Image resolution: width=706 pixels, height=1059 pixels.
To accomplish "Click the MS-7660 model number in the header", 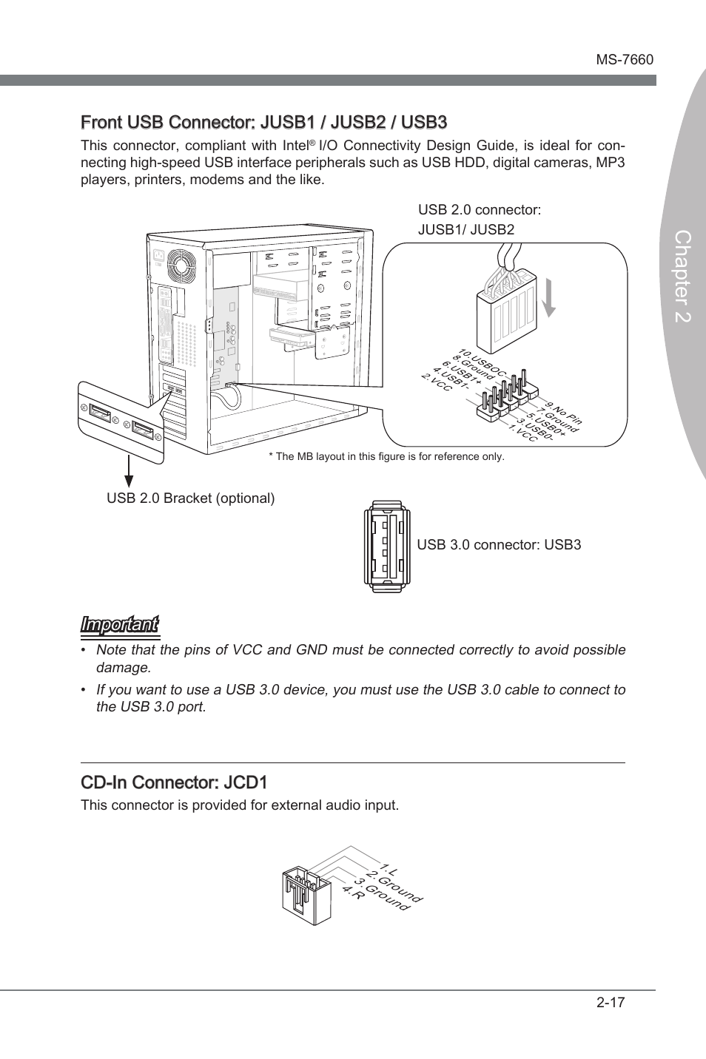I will (x=625, y=60).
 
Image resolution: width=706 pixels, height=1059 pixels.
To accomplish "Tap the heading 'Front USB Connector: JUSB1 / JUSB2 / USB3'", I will (x=263, y=121).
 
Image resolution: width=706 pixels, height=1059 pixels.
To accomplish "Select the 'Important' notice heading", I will (x=119, y=625).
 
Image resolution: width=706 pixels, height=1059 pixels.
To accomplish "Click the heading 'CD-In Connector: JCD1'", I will (x=174, y=782).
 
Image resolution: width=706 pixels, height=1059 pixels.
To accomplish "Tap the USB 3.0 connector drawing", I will (x=386, y=546).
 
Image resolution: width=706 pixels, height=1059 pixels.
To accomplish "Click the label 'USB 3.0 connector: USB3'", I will (x=499, y=545).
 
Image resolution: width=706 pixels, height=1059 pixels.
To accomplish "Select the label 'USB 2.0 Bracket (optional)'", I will (x=190, y=498).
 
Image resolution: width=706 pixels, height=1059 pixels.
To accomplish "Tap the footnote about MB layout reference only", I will (x=386, y=456).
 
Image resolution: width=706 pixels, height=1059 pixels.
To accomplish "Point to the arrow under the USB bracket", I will (x=129, y=473).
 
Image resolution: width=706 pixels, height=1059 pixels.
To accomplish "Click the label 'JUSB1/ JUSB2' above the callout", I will (x=465, y=229).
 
